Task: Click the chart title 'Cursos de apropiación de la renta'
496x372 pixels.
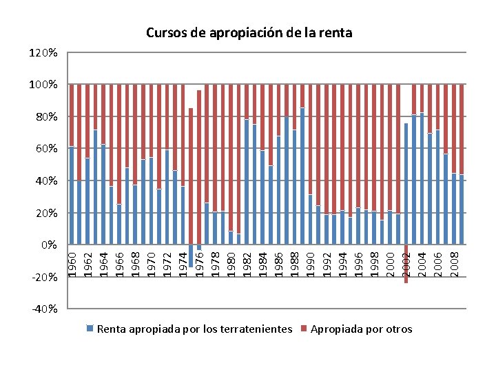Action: coord(249,33)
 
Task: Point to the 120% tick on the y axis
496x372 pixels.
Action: coord(43,52)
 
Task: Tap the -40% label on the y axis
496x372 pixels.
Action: coord(45,309)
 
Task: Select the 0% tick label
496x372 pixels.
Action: coord(50,245)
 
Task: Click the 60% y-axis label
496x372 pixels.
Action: coord(47,149)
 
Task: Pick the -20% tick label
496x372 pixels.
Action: coord(45,278)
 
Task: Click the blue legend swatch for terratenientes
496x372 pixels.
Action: coord(90,329)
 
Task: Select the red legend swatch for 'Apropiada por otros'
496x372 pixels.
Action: coord(304,329)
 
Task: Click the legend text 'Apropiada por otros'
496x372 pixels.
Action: coord(361,329)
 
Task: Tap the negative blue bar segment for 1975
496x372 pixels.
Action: coord(191,256)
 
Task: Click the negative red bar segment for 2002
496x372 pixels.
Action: coord(406,264)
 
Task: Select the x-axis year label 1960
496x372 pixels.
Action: coord(72,265)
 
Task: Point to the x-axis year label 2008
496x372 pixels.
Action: coord(454,265)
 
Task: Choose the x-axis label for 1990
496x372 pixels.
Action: coord(311,265)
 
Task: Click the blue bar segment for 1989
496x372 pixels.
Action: coord(302,176)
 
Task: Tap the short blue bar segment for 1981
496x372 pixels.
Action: coord(238,239)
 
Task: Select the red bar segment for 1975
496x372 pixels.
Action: coord(191,176)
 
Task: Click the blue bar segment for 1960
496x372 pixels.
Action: coord(72,196)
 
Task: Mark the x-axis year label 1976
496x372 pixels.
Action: coord(200,265)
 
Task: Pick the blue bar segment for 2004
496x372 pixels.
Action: coord(422,178)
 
